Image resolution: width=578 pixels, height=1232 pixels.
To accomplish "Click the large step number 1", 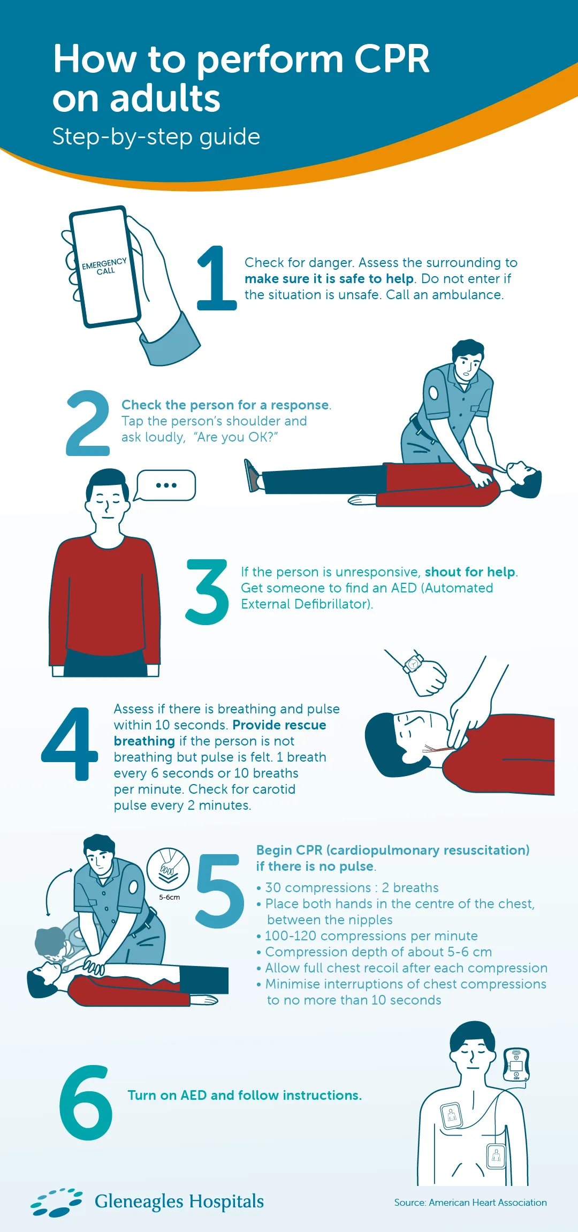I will point(217,278).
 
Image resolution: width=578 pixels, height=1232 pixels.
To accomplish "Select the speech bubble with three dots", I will point(166,485).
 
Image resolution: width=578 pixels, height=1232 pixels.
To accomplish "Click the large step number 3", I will point(207,592).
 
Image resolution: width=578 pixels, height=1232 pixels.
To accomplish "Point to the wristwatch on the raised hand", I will point(413,664).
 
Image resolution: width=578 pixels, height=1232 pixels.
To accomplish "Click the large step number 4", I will point(70,744).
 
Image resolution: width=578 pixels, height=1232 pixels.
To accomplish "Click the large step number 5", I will point(220,891).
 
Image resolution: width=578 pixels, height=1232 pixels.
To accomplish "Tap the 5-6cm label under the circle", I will point(169,898).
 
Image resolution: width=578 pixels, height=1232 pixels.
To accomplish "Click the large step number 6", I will point(86,1102).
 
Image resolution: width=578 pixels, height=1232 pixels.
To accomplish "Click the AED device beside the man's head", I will point(516,1064).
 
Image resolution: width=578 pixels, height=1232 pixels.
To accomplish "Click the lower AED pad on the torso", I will point(496,1156).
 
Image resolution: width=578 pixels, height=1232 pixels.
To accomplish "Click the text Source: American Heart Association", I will point(470,1203).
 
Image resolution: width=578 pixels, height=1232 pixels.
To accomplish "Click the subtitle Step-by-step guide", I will point(156,136).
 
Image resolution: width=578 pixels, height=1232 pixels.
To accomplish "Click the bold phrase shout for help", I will point(470,572).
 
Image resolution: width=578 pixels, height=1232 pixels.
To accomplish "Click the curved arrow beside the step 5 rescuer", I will point(54,891).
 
